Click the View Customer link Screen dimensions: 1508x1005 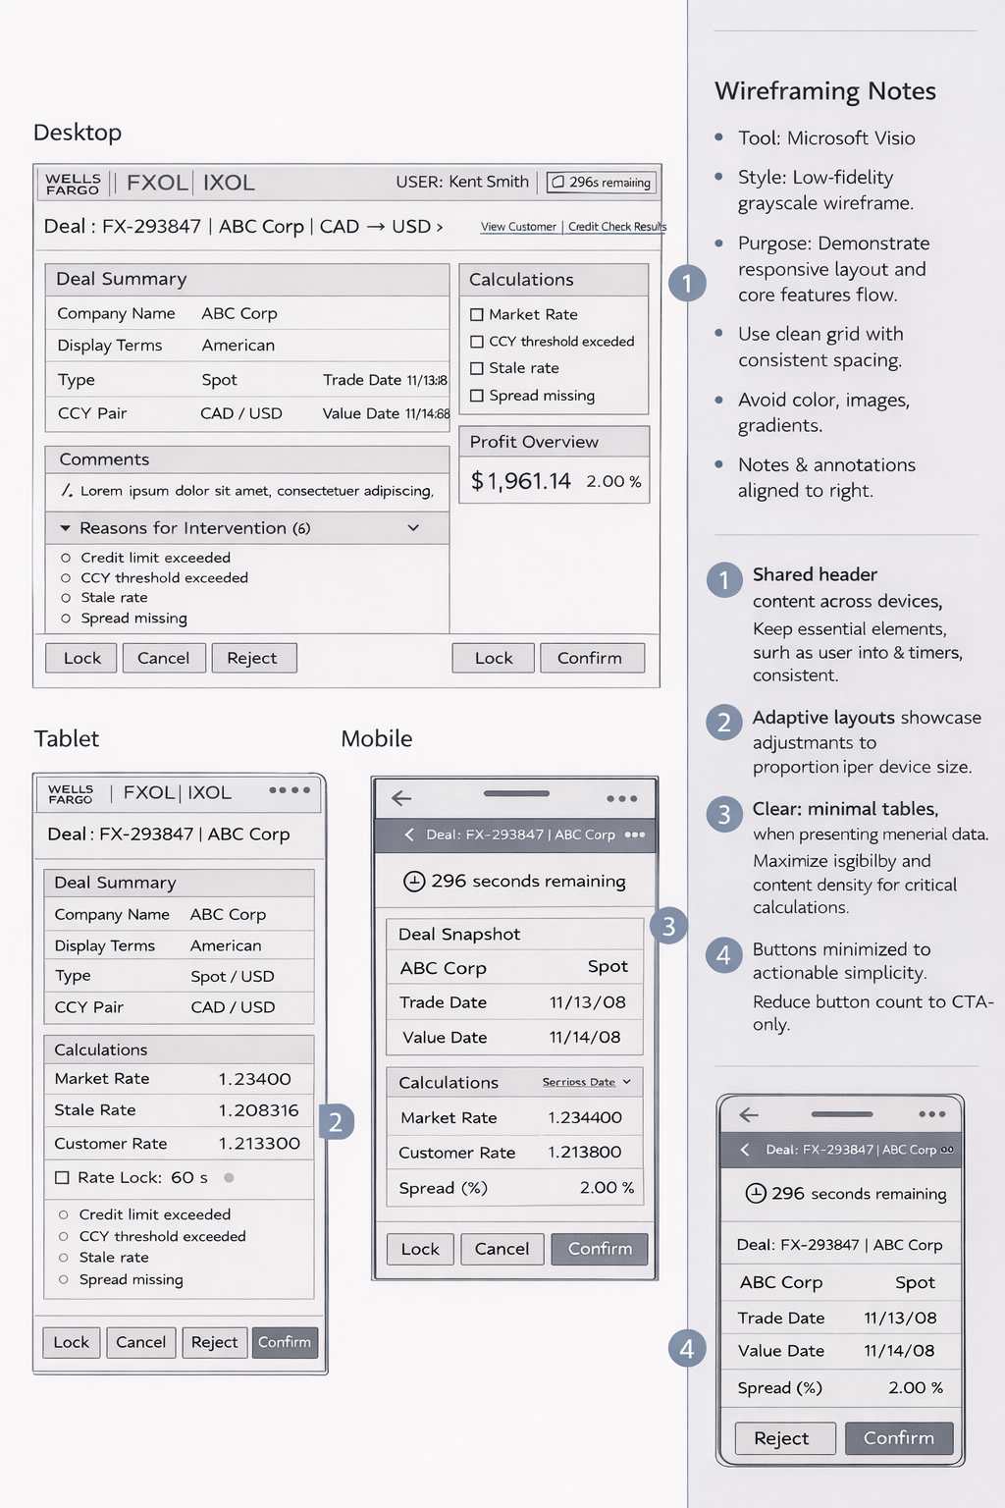click(518, 227)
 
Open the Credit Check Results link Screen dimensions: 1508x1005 click(616, 227)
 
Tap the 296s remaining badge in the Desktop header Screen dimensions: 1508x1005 click(601, 183)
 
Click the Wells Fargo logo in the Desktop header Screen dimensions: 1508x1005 click(73, 184)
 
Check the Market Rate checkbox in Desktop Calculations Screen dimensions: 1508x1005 click(477, 315)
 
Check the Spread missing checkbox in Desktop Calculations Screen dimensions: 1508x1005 click(477, 396)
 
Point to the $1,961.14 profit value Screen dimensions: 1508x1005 click(520, 481)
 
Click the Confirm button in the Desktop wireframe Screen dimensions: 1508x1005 click(591, 658)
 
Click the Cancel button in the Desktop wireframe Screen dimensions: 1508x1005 click(163, 658)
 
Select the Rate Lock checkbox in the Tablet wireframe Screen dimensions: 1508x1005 click(62, 1177)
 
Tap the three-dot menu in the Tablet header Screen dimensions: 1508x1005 click(290, 790)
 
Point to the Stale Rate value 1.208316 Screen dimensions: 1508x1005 click(258, 1110)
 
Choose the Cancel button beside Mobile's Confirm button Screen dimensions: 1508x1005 click(502, 1249)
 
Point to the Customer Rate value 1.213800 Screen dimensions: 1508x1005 click(584, 1153)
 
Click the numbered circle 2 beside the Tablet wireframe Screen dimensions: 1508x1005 click(336, 1121)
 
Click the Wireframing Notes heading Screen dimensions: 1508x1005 click(825, 91)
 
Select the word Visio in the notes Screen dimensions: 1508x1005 click(891, 138)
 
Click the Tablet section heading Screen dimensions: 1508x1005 click(67, 739)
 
